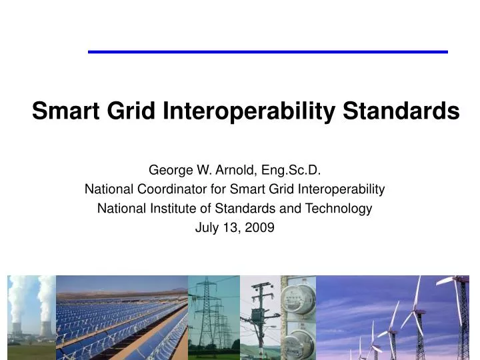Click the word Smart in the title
click(x=61, y=111)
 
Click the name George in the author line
click(x=168, y=171)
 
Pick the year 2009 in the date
click(x=259, y=228)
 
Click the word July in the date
click(x=206, y=228)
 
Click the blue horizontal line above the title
click(x=267, y=51)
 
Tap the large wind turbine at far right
click(x=460, y=313)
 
